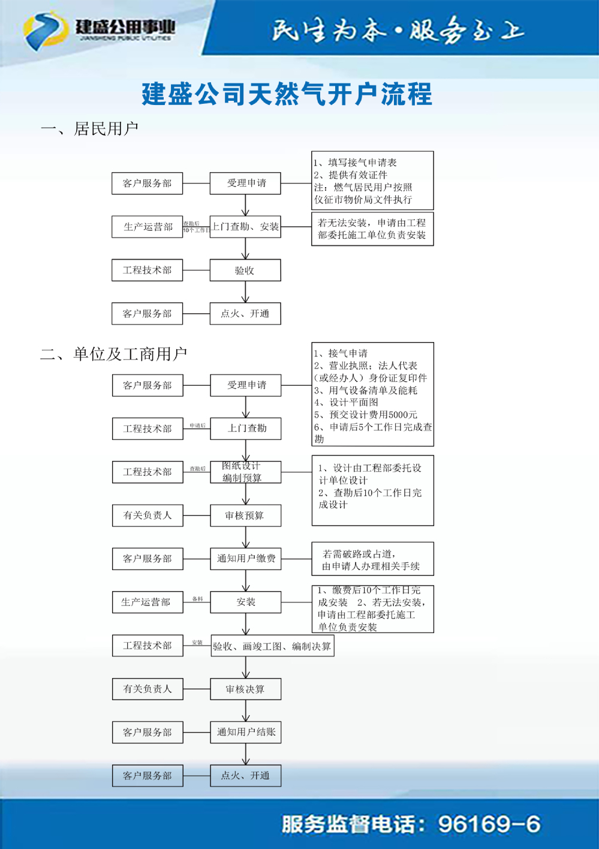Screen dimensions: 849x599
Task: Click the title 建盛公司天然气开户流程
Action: point(287,95)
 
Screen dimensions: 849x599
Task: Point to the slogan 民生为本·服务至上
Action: point(398,31)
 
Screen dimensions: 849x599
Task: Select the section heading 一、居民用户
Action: point(89,129)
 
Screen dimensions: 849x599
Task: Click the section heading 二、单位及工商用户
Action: point(114,354)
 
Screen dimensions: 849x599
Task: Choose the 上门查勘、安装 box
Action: point(245,227)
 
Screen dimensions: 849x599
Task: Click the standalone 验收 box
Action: point(245,270)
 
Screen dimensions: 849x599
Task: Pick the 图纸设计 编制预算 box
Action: point(245,472)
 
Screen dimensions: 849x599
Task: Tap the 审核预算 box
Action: point(245,515)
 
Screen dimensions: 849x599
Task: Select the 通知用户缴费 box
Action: point(245,559)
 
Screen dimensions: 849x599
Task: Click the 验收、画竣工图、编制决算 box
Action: point(272,646)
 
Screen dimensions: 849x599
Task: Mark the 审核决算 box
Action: point(245,689)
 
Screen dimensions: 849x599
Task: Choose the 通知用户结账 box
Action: point(245,732)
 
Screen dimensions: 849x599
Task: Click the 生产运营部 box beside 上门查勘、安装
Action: point(148,227)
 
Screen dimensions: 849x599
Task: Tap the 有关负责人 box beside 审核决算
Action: point(148,689)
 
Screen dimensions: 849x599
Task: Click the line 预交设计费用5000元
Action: point(366,415)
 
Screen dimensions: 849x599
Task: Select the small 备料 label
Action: point(197,599)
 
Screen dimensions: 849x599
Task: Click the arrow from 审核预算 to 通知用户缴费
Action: point(246,537)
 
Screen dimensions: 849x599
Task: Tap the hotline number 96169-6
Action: point(489,824)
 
